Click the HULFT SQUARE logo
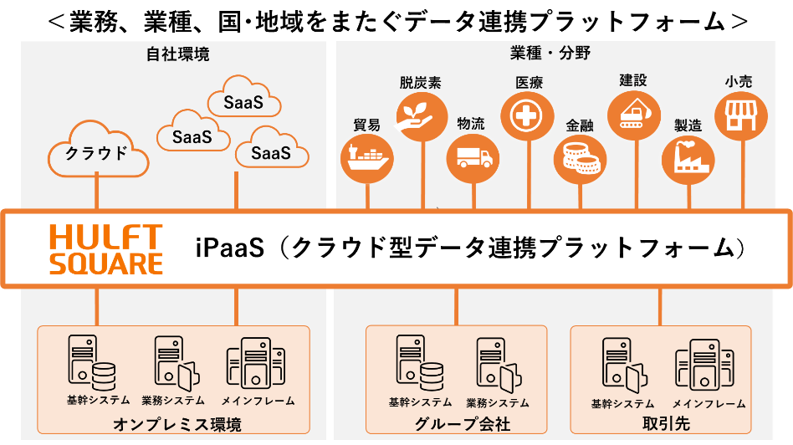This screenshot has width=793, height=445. pyautogui.click(x=105, y=248)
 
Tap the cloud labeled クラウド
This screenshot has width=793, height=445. pyautogui.click(x=97, y=152)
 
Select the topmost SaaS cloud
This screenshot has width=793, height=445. pyautogui.click(x=243, y=103)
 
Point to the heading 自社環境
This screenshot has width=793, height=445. pyautogui.click(x=177, y=55)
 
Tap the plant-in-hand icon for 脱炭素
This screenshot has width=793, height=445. pyautogui.click(x=418, y=115)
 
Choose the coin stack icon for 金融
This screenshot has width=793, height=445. pyautogui.click(x=580, y=156)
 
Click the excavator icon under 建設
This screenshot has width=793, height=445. pyautogui.click(x=632, y=115)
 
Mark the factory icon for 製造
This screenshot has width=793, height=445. pyautogui.click(x=688, y=156)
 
